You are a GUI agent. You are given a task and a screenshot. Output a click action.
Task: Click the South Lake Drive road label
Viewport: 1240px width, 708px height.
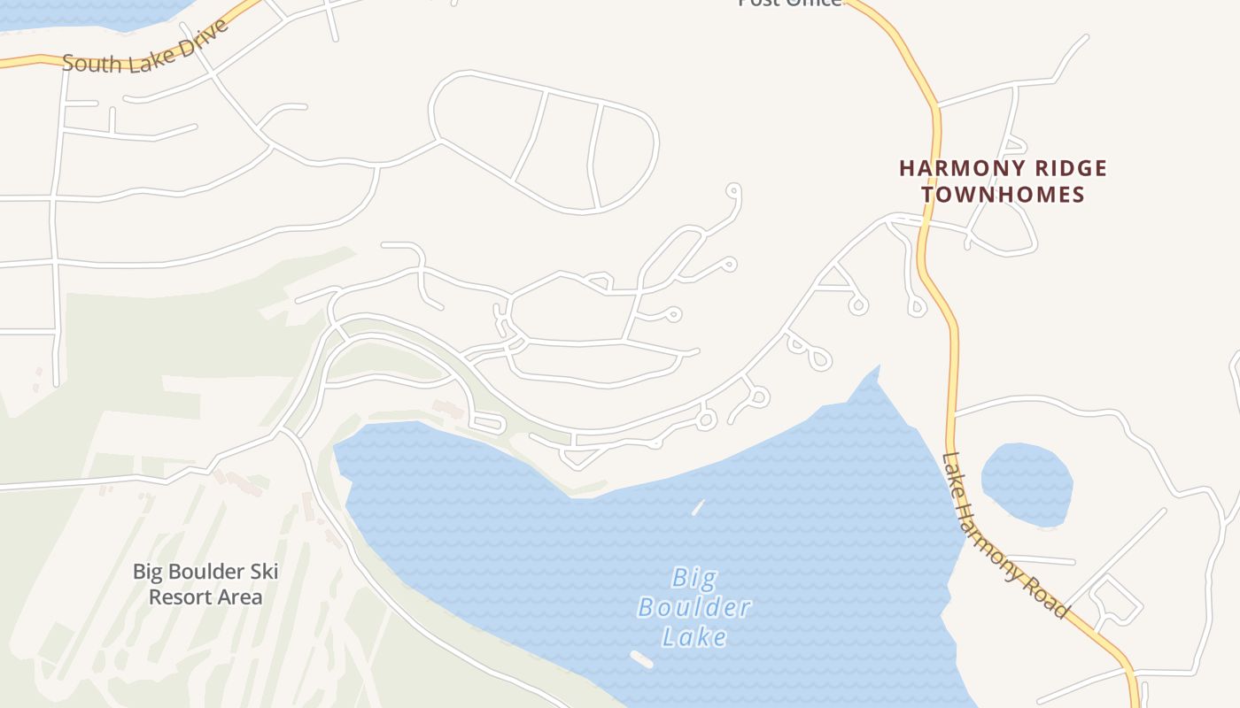[145, 49]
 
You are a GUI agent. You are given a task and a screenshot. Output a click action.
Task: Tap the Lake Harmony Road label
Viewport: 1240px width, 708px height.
[1004, 536]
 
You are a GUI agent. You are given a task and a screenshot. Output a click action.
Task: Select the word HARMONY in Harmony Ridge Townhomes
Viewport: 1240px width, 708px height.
[952, 168]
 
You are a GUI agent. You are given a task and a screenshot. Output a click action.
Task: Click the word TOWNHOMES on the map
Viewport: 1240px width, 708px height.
[1003, 195]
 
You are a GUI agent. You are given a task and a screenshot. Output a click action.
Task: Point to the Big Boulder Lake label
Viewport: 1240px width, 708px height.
[694, 607]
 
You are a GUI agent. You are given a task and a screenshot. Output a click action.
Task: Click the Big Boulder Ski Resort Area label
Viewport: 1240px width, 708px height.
[205, 584]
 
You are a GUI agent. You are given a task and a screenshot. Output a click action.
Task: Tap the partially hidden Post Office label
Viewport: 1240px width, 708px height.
[790, 3]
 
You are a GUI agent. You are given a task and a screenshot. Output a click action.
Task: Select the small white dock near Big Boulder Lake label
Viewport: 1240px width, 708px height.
[641, 659]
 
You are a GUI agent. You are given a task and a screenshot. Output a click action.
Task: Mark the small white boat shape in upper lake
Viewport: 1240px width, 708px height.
[698, 507]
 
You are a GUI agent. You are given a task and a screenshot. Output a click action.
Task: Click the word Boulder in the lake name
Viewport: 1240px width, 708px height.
[694, 608]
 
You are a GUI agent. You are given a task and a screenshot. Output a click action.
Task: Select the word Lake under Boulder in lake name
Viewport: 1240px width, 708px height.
[694, 636]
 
